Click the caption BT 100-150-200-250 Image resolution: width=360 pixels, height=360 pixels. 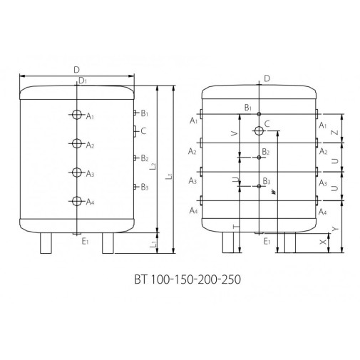pos(187,279)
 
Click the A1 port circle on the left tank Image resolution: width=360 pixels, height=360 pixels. pos(77,115)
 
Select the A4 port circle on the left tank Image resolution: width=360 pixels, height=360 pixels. pos(77,201)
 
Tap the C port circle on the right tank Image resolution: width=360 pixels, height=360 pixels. pos(259,130)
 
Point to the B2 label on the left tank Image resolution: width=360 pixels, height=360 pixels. pos(145,158)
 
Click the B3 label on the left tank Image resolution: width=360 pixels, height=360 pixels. pos(145,187)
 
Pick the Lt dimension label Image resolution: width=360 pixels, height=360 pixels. pos(168,176)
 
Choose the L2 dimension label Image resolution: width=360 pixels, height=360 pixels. pos(154,165)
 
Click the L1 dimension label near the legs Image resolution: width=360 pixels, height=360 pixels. pos(153,244)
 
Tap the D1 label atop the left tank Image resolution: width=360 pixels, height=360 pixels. pos(83,81)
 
